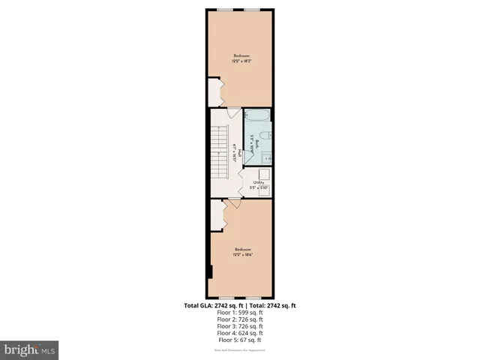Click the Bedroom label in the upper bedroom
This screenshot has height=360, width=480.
[x=241, y=55]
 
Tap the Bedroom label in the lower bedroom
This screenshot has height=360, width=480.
[x=241, y=249]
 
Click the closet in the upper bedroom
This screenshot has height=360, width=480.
[x=214, y=94]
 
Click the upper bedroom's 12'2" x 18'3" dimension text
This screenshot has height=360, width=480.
[x=241, y=61]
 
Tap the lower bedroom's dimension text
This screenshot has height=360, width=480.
[x=241, y=255]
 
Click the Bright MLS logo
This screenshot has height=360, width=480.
[x=29, y=349]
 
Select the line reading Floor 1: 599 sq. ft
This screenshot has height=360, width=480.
[x=240, y=313]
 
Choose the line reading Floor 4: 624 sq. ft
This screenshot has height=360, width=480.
[x=240, y=333]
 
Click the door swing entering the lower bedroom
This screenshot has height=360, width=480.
[x=235, y=203]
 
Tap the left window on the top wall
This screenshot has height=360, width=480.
[x=223, y=9]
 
